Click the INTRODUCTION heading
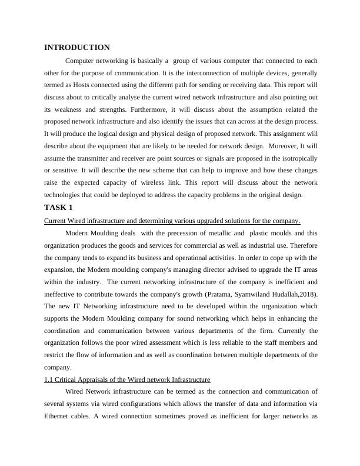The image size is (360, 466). [76, 48]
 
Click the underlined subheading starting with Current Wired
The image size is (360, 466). [172, 221]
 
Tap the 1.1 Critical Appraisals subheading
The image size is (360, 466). [127, 379]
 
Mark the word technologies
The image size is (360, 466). [66, 195]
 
